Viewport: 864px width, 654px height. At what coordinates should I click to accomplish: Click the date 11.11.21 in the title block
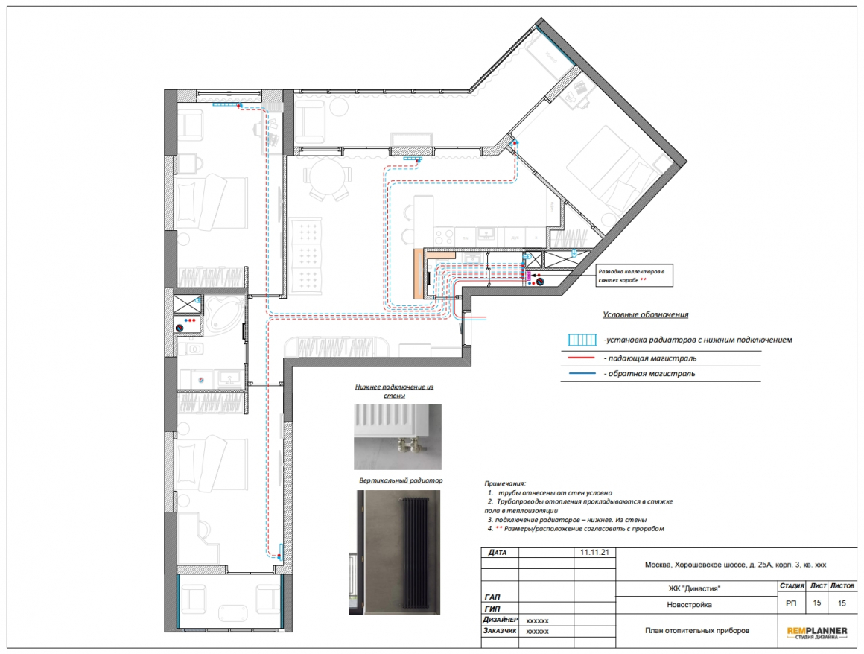click(594, 552)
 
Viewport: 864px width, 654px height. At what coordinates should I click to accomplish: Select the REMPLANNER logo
click(816, 633)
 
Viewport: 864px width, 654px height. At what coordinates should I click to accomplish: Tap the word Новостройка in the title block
click(689, 604)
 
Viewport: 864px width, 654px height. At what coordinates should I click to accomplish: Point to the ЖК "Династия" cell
click(694, 588)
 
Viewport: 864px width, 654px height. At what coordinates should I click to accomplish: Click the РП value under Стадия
click(791, 603)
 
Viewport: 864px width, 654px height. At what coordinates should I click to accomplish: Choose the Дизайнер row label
click(501, 620)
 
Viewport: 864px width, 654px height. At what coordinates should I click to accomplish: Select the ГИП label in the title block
click(492, 609)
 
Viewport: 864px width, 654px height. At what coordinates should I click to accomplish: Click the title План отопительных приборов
click(697, 630)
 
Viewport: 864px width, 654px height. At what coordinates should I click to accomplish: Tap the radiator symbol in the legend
click(582, 340)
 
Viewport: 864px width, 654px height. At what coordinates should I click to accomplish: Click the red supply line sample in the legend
click(577, 358)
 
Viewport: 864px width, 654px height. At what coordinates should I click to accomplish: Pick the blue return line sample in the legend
click(577, 374)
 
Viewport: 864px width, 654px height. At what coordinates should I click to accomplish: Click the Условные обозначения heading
click(645, 314)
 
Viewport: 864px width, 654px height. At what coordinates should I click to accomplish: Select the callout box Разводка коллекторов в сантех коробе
click(635, 276)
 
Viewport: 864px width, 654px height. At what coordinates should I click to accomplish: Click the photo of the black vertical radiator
click(394, 552)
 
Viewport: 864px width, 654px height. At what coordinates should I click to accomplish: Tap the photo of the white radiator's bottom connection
click(397, 437)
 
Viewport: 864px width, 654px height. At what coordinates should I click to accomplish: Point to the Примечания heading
click(505, 483)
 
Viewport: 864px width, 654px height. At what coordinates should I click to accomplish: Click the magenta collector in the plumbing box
click(528, 276)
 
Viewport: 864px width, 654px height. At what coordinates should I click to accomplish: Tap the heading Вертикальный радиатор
click(401, 480)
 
